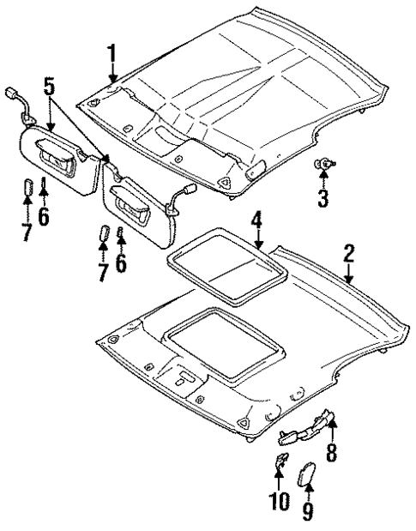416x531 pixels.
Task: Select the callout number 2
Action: [349, 253]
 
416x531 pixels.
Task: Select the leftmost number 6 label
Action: [43, 215]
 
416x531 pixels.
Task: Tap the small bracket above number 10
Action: [279, 463]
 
